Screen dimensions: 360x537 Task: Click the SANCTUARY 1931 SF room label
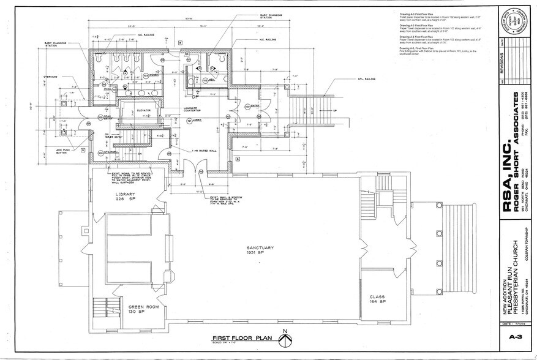tap(260, 249)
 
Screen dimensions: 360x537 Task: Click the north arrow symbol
tap(284, 336)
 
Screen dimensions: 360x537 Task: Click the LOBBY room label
tap(197, 120)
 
